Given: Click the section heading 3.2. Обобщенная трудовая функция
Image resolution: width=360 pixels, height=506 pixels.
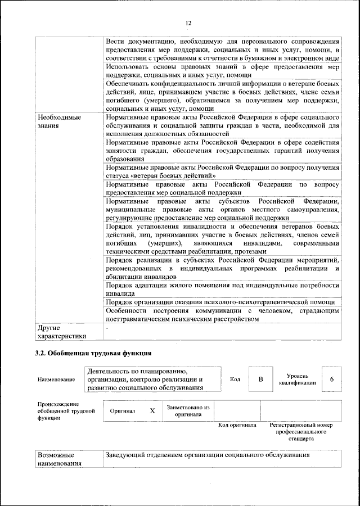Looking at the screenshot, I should coord(92,353).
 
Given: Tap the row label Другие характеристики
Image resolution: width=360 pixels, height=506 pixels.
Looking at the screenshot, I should coord(61,331).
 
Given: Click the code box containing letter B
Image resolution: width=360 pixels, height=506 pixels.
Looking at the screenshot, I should coord(260,379).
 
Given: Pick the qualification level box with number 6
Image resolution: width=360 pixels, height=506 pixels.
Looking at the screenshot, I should coord(332,379).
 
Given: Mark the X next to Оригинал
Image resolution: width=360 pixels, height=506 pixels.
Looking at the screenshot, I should coord(152,411).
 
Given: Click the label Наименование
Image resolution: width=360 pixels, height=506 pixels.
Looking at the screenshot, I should coord(57,380).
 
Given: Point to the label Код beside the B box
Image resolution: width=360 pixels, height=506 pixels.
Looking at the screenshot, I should coord(235,379).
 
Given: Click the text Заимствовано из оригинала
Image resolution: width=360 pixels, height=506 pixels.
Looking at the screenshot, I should coord(188,410).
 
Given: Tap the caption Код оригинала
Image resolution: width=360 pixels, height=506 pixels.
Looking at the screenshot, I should coord(237,425).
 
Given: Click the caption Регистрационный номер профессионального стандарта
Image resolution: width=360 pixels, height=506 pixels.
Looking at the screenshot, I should coord(301,431).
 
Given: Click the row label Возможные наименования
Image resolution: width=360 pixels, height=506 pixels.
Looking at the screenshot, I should coord(59,459).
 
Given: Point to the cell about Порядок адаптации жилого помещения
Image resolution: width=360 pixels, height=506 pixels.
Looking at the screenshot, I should coord(222,290).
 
